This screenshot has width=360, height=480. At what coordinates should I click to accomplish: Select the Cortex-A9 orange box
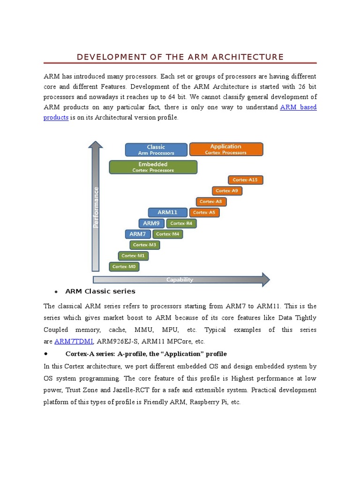pos(227,191)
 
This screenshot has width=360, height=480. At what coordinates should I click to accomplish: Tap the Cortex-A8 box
pos(211,202)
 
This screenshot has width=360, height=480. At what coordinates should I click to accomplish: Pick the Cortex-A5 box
pos(204,212)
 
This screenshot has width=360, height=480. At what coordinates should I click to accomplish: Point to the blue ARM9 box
pos(151,223)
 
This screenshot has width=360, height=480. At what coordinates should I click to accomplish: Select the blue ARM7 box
pos(137,234)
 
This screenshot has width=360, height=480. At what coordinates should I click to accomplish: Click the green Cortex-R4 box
pos(181,224)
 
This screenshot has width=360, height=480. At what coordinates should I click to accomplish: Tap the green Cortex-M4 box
pos(167,234)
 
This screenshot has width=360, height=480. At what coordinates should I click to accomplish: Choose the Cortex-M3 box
pos(145,245)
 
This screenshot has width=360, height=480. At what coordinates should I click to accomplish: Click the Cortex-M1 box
pos(133,255)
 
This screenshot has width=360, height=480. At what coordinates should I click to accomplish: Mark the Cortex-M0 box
pos(124,267)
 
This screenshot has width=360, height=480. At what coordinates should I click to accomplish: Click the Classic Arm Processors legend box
pos(156,150)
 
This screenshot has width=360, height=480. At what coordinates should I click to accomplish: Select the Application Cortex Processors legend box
pos(226,150)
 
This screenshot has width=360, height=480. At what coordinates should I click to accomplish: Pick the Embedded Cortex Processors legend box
pos(153,167)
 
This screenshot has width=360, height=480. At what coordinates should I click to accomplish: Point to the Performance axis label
pos(96,207)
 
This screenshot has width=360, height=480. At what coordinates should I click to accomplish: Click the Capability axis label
pos(180,280)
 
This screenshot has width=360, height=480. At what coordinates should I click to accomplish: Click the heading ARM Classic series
pos(100,292)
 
